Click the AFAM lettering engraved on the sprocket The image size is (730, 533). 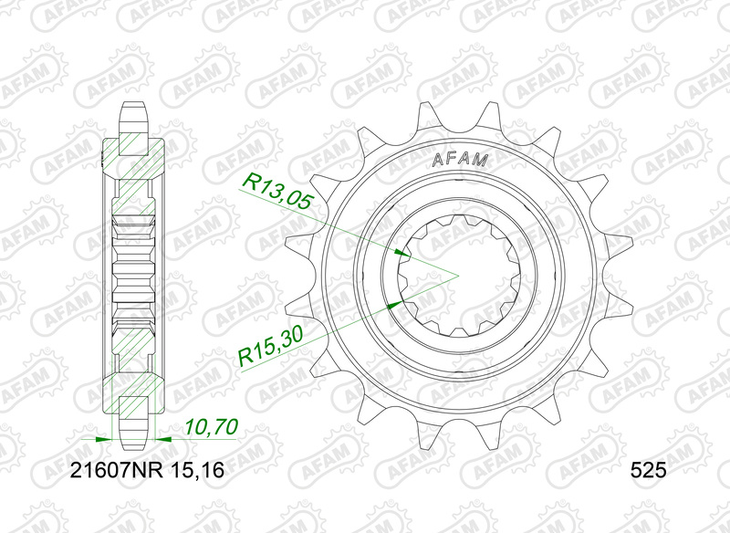pos(460,160)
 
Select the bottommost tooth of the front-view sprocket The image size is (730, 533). pos(460,432)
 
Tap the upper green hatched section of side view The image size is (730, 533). pos(135,164)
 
